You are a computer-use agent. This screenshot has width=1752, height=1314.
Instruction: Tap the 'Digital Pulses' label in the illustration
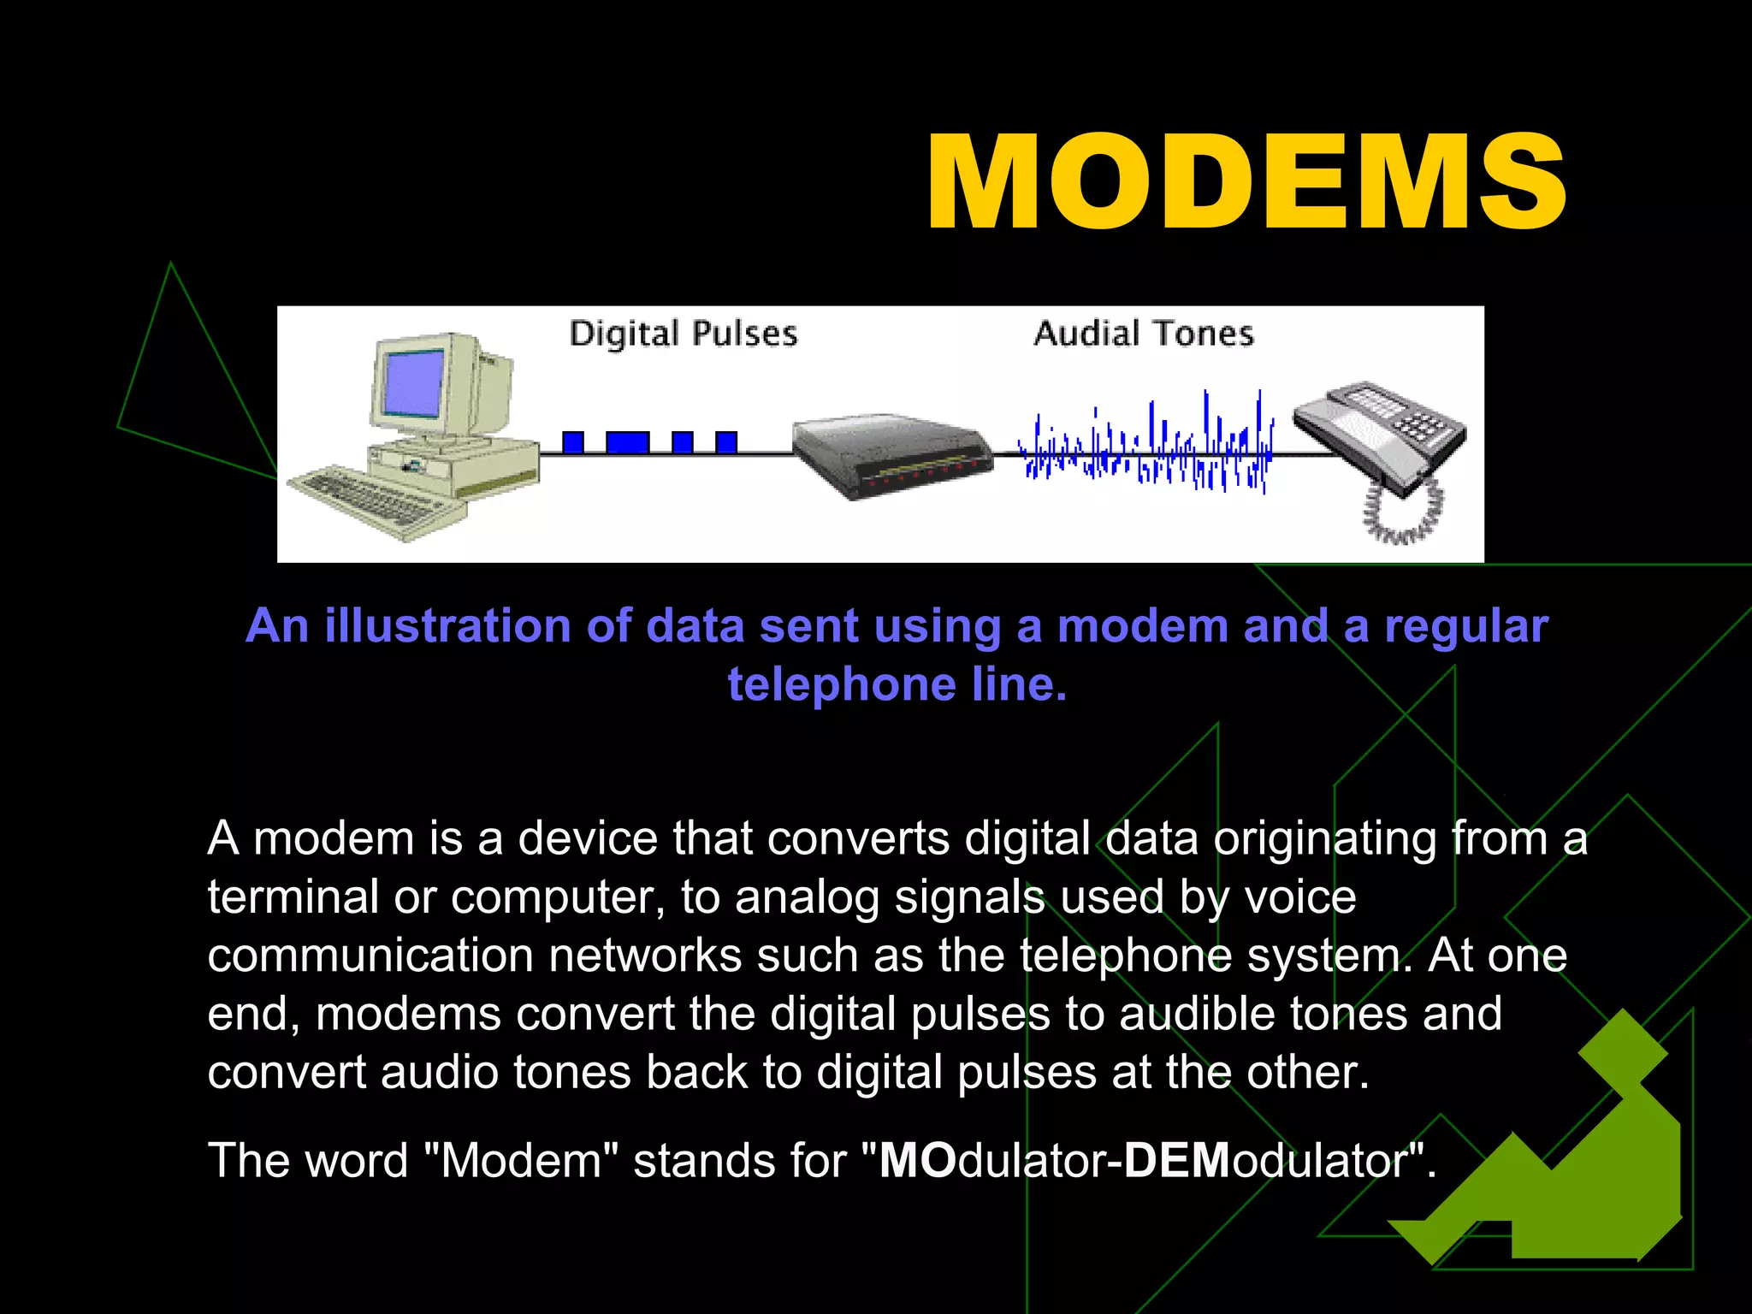(683, 334)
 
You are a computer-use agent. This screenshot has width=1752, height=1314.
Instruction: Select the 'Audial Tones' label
(1143, 334)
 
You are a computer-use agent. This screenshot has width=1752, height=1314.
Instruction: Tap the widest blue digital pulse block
(627, 442)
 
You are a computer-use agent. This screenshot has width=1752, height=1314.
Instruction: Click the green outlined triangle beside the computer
(184, 385)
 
